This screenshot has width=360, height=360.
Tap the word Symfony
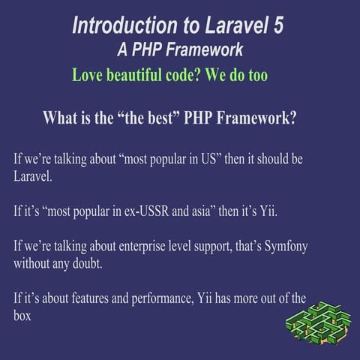pos(283,246)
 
